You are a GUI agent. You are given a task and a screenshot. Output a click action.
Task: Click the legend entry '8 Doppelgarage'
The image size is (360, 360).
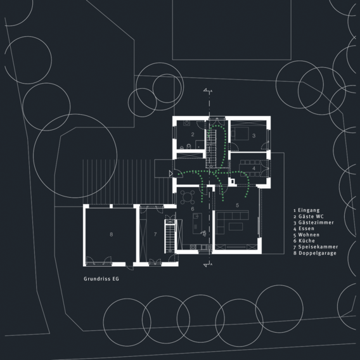tap(315, 254)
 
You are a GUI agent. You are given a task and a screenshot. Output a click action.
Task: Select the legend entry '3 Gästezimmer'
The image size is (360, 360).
tap(313, 222)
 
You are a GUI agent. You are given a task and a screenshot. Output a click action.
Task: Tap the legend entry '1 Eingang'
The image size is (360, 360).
tap(306, 210)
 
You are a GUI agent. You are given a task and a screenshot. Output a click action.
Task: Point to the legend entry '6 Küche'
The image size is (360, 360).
tap(304, 241)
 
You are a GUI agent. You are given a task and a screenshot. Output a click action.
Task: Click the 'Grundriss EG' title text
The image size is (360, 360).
tap(101, 279)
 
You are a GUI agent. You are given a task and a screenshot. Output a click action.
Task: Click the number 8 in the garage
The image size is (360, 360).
tap(112, 235)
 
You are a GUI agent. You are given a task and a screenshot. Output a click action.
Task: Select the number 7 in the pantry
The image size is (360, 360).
tap(155, 234)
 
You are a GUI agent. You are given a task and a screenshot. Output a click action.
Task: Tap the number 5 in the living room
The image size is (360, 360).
tap(238, 205)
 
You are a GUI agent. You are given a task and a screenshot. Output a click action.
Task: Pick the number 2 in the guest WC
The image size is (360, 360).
tap(193, 134)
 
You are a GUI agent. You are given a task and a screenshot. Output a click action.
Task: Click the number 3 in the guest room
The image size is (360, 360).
tap(254, 136)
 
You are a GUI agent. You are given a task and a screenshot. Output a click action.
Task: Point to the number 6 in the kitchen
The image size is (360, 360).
tap(193, 209)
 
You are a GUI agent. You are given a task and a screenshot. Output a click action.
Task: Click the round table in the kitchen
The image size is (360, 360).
tap(188, 197)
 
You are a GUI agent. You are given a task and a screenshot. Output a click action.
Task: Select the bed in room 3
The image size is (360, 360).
tap(240, 133)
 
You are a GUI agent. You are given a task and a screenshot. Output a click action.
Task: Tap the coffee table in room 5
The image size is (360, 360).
tap(236, 226)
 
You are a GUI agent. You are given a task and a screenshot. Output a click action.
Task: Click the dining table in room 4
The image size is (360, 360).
tap(250, 169)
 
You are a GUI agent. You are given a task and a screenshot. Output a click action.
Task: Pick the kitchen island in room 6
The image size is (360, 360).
tap(197, 223)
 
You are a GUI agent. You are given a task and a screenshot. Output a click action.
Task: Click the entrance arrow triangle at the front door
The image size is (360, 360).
tap(170, 174)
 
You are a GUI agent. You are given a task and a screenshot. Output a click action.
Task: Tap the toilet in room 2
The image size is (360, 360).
tap(189, 146)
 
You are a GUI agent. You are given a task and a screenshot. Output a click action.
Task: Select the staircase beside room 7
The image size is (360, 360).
tap(170, 236)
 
